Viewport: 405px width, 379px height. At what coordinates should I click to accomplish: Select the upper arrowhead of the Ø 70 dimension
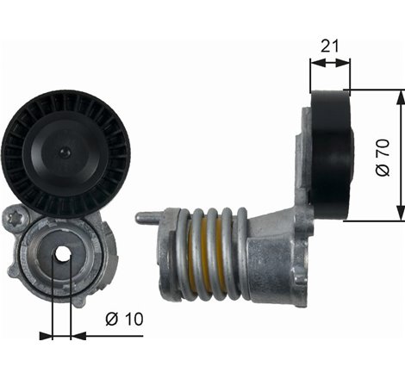tap(398, 96)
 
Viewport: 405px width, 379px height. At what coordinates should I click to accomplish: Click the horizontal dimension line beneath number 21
tap(329, 62)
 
